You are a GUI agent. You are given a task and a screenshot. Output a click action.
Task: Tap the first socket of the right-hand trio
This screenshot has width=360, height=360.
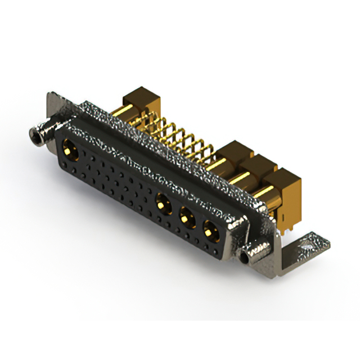pyautogui.click(x=164, y=202)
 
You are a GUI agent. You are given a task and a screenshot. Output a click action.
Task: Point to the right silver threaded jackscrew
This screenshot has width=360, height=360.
pyautogui.click(x=247, y=257)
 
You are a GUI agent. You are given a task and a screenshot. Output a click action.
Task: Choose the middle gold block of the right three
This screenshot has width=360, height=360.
pyautogui.click(x=260, y=169)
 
